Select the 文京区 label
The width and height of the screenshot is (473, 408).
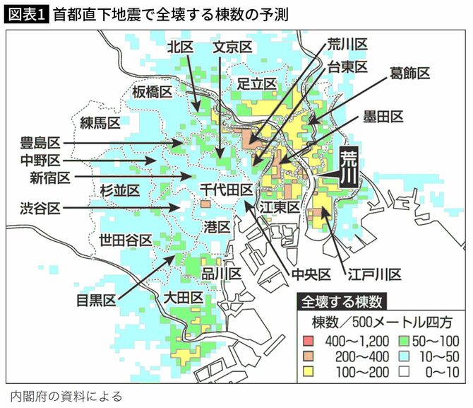tap(233, 47)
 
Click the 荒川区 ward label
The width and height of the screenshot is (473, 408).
tap(347, 45)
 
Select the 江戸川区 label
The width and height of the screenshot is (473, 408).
tap(375, 274)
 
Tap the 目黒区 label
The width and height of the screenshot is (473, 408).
tap(97, 300)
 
